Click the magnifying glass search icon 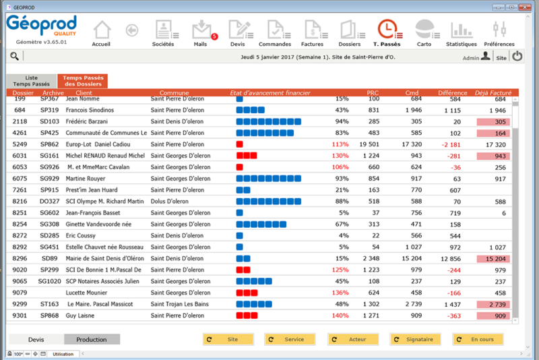pos(15,57)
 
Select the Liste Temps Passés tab pos(32,81)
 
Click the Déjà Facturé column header pos(493,92)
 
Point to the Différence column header pos(453,92)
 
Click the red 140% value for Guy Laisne pos(340,316)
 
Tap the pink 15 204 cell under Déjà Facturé pos(493,259)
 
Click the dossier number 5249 pos(20,144)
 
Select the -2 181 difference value pos(450,144)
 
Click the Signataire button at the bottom pos(415,340)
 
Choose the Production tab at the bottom pos(92,340)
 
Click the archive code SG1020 pos(49,281)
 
